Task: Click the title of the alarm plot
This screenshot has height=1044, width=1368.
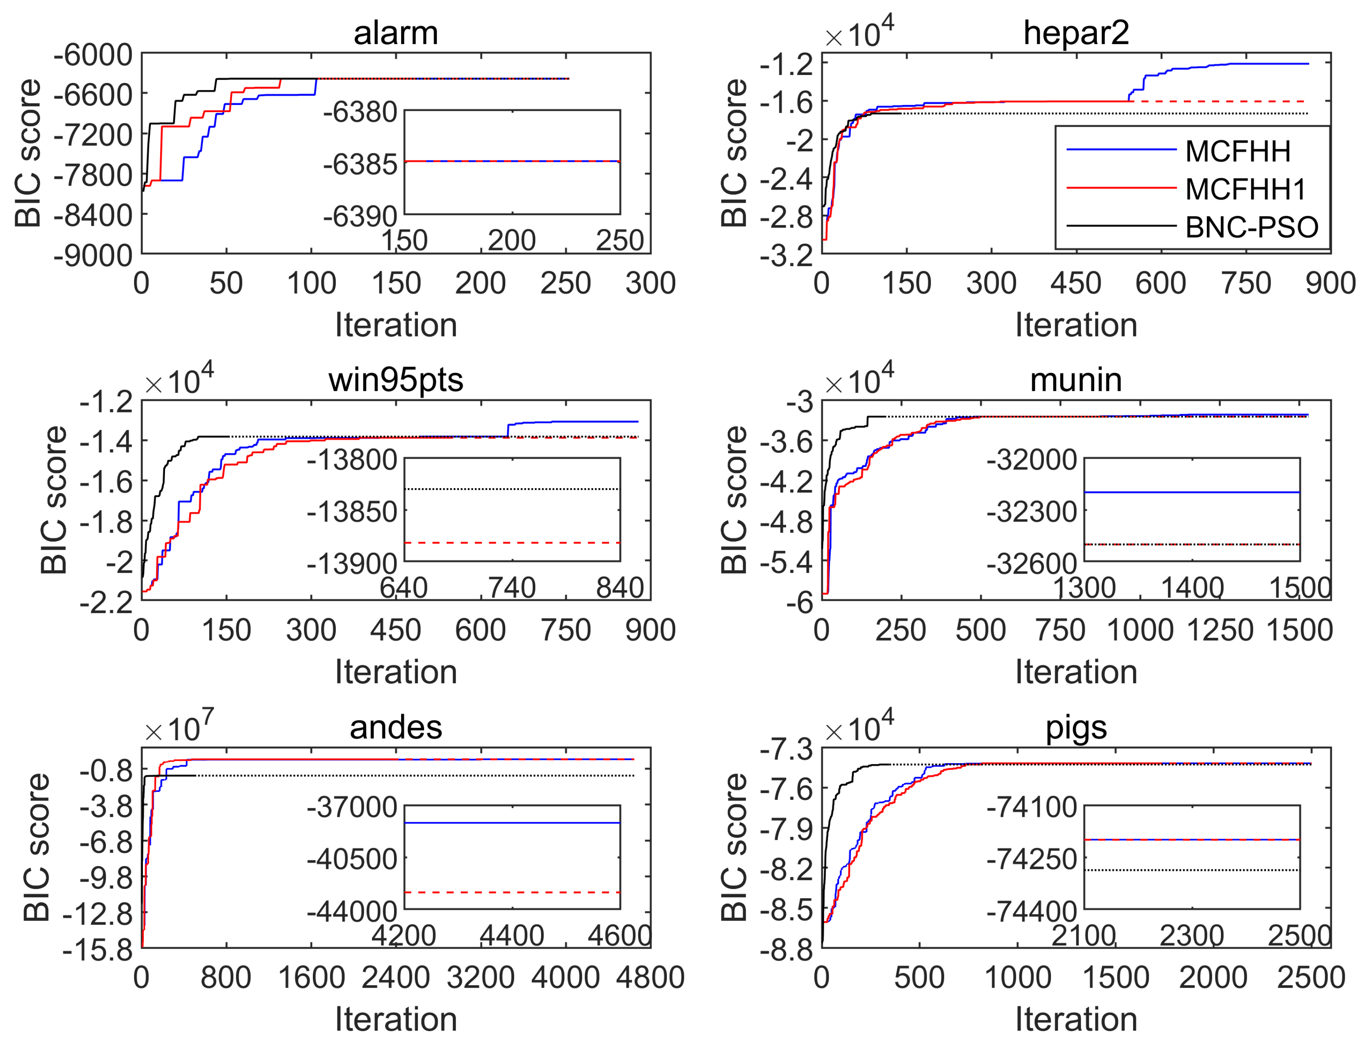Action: click(x=396, y=32)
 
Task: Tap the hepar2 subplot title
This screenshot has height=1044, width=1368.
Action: click(x=1076, y=32)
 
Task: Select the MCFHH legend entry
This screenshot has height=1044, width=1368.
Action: click(x=1238, y=151)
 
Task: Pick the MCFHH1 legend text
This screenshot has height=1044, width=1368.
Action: click(x=1246, y=189)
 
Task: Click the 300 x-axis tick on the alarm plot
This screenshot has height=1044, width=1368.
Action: click(x=650, y=283)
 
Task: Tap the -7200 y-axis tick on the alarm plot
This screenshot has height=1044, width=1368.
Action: click(x=93, y=135)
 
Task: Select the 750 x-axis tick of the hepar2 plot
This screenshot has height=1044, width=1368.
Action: click(x=1246, y=283)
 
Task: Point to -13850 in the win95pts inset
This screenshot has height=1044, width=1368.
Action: click(x=352, y=512)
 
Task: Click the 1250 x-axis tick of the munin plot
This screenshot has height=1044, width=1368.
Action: click(x=1220, y=630)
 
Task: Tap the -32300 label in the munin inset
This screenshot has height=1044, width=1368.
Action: click(x=1032, y=512)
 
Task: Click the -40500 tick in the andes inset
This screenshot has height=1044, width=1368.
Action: click(x=352, y=859)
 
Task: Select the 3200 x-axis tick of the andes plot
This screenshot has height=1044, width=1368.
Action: click(x=480, y=977)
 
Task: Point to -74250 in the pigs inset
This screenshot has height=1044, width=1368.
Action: click(x=1032, y=859)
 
